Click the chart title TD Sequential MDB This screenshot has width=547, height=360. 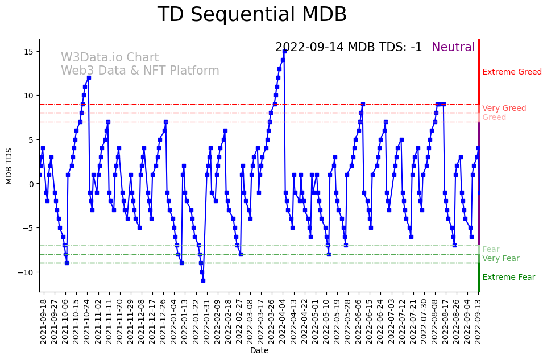click(252, 15)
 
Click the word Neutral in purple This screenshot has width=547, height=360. click(453, 48)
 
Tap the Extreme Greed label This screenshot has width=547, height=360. click(512, 72)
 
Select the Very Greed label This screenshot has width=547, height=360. click(504, 109)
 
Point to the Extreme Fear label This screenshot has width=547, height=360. click(508, 278)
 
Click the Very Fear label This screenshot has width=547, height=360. click(500, 259)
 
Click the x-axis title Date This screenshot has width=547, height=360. click(259, 351)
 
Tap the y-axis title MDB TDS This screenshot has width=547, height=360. click(9, 165)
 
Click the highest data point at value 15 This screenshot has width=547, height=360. click(284, 52)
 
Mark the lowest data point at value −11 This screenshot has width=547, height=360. click(203, 280)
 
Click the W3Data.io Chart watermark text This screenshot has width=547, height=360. click(110, 58)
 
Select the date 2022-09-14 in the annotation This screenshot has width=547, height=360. click(310, 48)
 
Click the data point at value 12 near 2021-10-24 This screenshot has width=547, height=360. click(89, 78)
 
